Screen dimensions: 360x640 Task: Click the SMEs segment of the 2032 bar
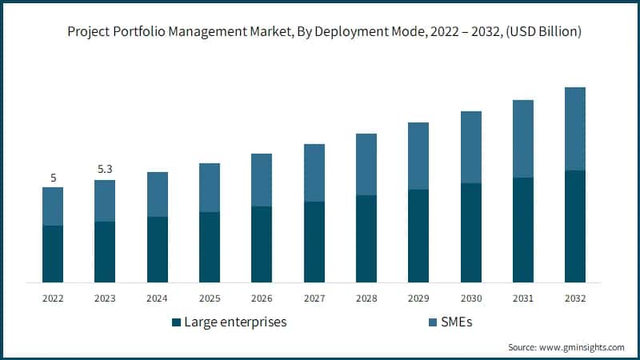pos(575,129)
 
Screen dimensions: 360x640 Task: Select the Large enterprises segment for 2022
pos(53,254)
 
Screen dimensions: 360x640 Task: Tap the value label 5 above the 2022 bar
pos(53,178)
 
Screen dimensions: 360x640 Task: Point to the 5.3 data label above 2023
pos(105,170)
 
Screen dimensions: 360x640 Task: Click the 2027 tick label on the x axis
pos(314,298)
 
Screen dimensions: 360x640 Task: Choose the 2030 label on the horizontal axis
pos(470,298)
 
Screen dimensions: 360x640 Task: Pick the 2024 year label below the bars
pos(157,298)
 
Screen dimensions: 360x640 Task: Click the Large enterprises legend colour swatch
pos(176,322)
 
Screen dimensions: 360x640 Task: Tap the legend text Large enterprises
pos(235,322)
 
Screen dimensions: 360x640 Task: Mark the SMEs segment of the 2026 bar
pos(262,180)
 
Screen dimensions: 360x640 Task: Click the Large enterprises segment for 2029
pos(418,236)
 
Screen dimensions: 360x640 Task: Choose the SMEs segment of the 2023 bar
pos(105,201)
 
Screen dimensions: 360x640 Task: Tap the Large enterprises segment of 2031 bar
pos(522,230)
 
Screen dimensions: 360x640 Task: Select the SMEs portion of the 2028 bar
pos(366,164)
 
